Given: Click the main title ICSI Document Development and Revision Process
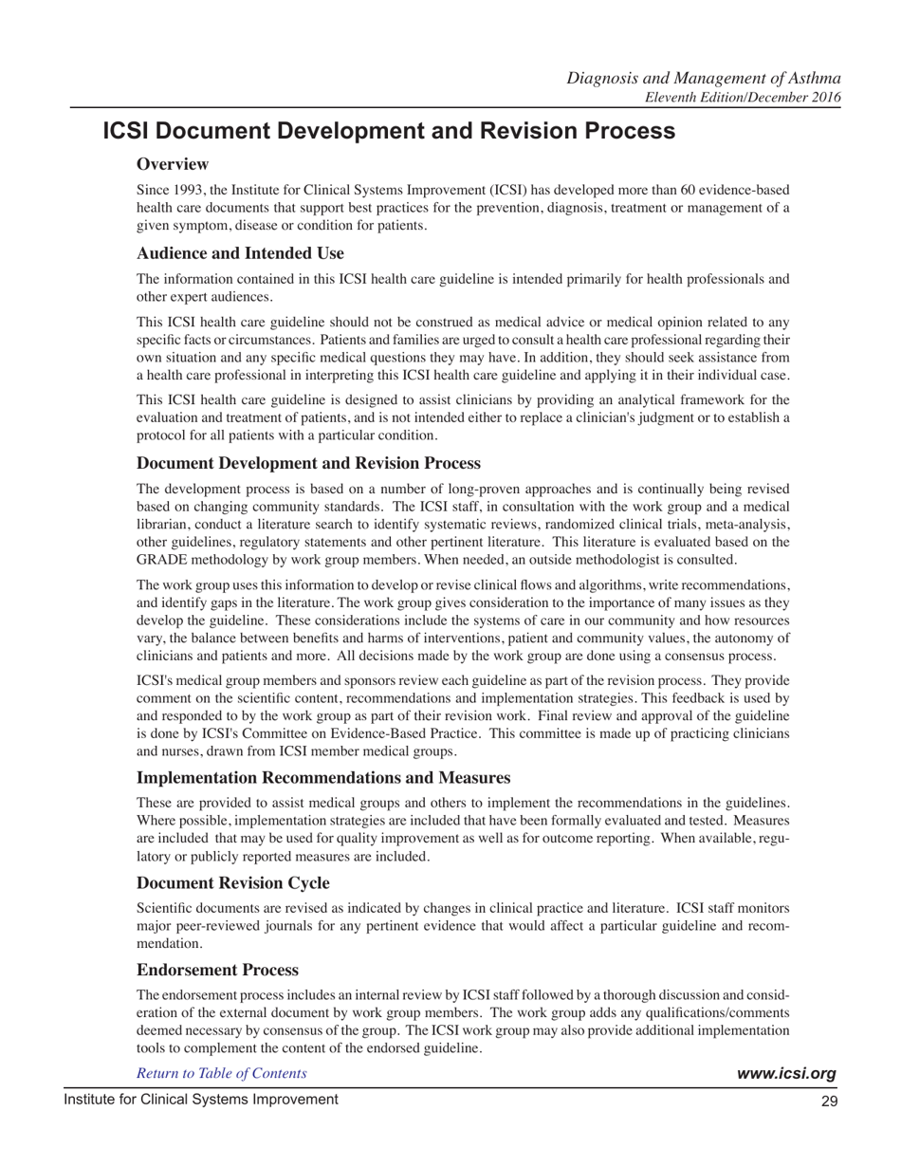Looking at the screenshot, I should pos(389,131).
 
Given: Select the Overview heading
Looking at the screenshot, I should pos(173,165).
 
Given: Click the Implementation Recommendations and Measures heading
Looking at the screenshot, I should pos(323,778).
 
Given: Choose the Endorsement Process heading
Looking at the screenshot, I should pos(217,970).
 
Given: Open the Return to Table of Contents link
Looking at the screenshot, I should pos(222,1073).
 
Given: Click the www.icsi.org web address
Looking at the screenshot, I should pos(786,1074).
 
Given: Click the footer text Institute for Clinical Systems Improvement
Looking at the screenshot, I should pos(200,1100).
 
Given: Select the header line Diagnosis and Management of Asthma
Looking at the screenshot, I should pos(704,78).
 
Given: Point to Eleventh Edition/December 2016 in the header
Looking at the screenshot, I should pos(743,97).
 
